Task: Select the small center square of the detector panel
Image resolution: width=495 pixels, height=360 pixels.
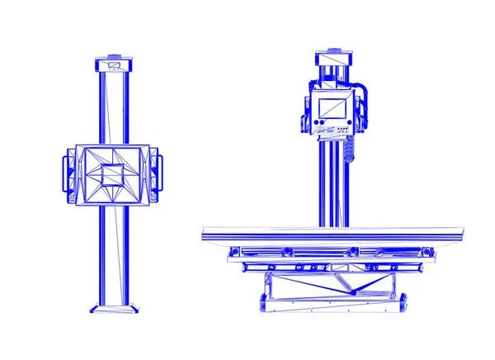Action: click(x=111, y=175)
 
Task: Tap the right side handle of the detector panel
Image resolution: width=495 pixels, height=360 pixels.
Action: click(x=157, y=175)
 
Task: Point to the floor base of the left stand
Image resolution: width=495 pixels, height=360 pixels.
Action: click(x=112, y=309)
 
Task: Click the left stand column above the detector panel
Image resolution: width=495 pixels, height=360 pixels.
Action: click(x=112, y=107)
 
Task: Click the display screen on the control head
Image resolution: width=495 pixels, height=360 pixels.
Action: click(x=332, y=109)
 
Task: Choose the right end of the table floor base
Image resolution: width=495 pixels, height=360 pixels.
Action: click(x=402, y=303)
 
